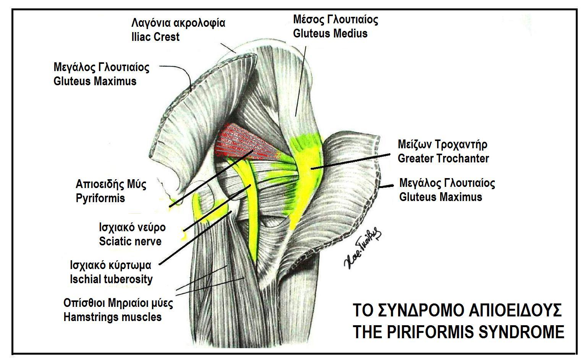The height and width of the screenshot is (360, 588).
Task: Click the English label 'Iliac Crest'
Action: coord(155,37)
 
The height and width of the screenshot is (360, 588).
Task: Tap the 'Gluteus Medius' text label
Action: coord(330,33)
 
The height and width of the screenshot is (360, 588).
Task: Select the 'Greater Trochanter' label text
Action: coord(443,158)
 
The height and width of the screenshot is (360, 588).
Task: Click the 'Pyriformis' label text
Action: coord(100,198)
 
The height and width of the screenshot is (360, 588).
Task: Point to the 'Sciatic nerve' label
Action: coord(130,242)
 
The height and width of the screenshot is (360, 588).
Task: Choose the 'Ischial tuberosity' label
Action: coord(111,279)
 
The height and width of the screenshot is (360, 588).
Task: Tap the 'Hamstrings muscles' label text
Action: coord(112,317)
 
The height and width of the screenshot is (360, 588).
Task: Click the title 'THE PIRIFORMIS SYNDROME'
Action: coord(458,332)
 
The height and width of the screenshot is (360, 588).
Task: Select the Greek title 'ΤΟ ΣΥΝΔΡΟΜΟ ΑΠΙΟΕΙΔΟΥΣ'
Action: coord(457,310)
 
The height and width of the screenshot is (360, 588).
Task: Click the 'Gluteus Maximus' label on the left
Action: coord(95,81)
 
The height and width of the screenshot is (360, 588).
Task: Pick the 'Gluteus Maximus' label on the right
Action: coord(441,197)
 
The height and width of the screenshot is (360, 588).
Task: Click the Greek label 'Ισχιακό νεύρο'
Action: coord(132,227)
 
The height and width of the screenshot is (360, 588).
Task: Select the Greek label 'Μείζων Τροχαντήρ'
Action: coord(442,144)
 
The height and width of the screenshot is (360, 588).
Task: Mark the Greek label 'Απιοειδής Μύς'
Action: coord(111,185)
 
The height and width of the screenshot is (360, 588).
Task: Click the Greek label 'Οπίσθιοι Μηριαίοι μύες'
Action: coord(118,303)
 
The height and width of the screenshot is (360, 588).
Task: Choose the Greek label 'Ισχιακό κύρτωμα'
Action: coord(110,265)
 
